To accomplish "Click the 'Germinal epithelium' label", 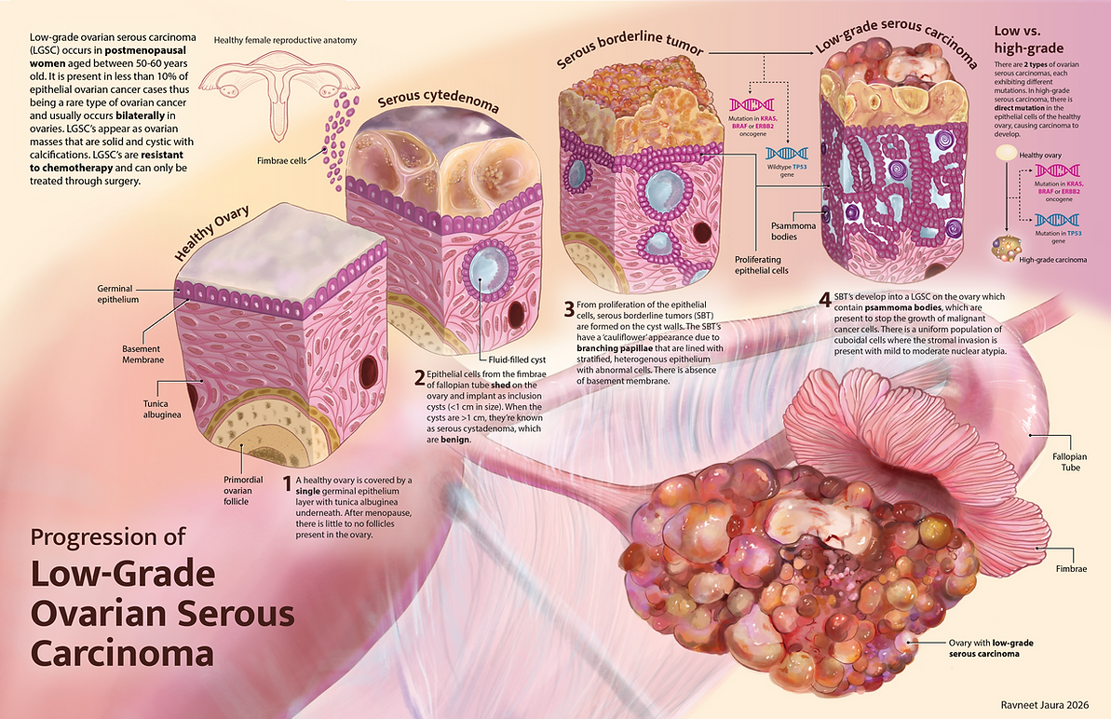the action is [117, 294].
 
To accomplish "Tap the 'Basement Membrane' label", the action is [142, 354].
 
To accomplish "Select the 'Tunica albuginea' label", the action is [161, 409].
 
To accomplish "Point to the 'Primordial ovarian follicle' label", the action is [243, 490].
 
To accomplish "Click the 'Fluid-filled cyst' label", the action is [517, 359].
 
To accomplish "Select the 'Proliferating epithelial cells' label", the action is [761, 265].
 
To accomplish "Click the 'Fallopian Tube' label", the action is [1069, 462].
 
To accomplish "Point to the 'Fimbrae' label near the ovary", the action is [1071, 569].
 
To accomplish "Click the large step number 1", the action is [287, 483].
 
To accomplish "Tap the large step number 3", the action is [569, 309].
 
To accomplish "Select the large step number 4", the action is [825, 300].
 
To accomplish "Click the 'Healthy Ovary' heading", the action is [211, 233].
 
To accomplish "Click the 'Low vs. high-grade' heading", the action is [1028, 39].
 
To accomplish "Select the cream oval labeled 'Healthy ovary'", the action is [1006, 153].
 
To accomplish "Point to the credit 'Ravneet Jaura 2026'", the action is [1044, 705].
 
